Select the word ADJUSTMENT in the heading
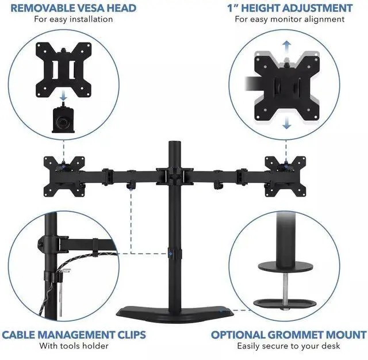point(317,8)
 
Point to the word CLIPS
point(131,335)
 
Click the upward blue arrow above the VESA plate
point(286,47)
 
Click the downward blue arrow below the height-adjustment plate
point(286,122)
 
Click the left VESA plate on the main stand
point(64,176)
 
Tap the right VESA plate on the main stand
point(285,176)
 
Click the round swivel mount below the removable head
point(63,120)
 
